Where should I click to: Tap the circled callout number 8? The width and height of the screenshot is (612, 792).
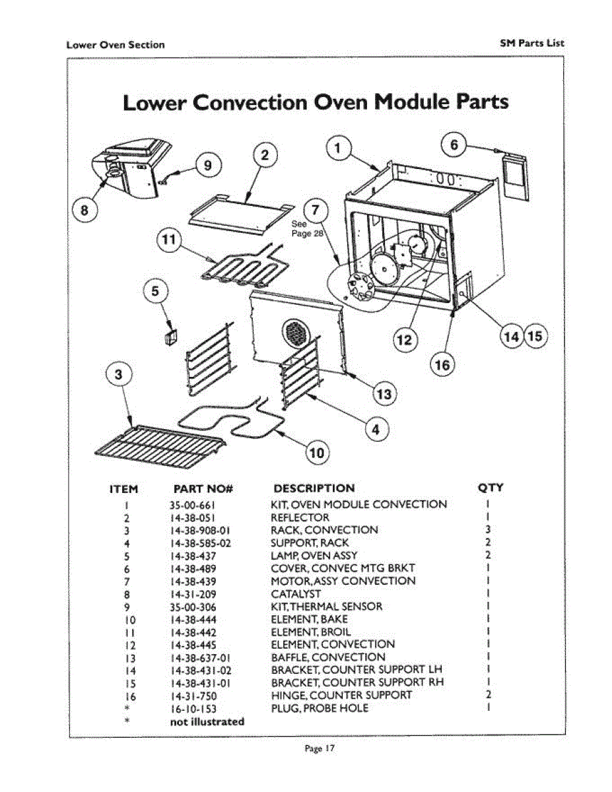pos(85,211)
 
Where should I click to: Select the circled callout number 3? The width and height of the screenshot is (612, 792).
pos(118,375)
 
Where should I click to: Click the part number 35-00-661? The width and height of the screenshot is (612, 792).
pos(192,505)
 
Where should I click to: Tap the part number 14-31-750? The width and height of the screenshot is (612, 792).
pos(192,696)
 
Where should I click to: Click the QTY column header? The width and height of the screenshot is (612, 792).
pos(490,488)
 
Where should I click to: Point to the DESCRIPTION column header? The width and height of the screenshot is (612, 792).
pos(314,488)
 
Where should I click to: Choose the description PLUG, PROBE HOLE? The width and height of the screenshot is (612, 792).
pos(320,709)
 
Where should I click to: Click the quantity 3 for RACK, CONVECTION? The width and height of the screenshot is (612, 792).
pos(487,530)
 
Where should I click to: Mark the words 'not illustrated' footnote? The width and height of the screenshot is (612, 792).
pos(207,721)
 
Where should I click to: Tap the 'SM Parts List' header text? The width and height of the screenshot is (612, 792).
pos(531,44)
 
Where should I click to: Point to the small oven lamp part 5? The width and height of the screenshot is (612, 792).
pos(169,335)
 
